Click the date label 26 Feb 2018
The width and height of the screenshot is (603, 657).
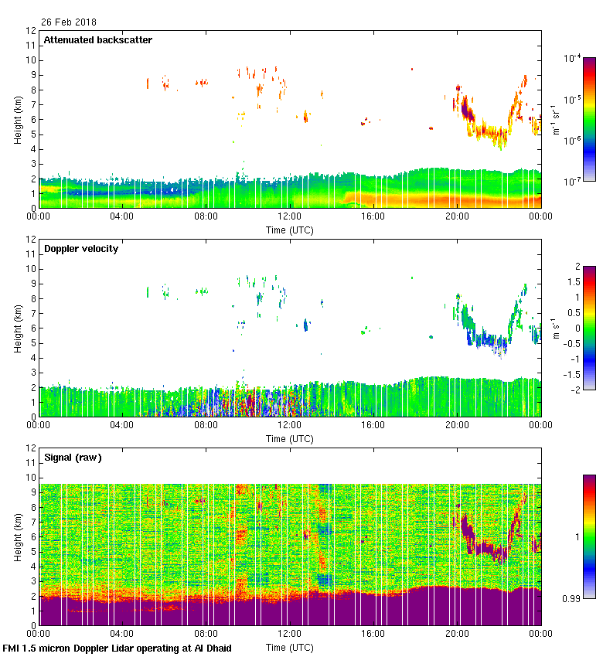pyautogui.click(x=69, y=22)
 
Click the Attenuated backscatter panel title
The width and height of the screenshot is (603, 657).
pyautogui.click(x=98, y=40)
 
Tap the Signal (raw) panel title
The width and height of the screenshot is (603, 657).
pyautogui.click(x=73, y=458)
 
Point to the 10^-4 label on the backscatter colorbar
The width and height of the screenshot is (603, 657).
pyautogui.click(x=573, y=58)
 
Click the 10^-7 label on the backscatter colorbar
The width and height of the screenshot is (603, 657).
pyautogui.click(x=573, y=181)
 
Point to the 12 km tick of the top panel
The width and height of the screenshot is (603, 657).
pyautogui.click(x=31, y=31)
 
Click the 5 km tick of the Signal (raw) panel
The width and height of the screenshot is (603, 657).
pyautogui.click(x=33, y=551)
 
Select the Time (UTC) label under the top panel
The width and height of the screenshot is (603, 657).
pyautogui.click(x=290, y=230)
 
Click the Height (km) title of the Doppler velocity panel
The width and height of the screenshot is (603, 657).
pyautogui.click(x=17, y=328)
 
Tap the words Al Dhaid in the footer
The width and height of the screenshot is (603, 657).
pyautogui.click(x=211, y=648)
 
